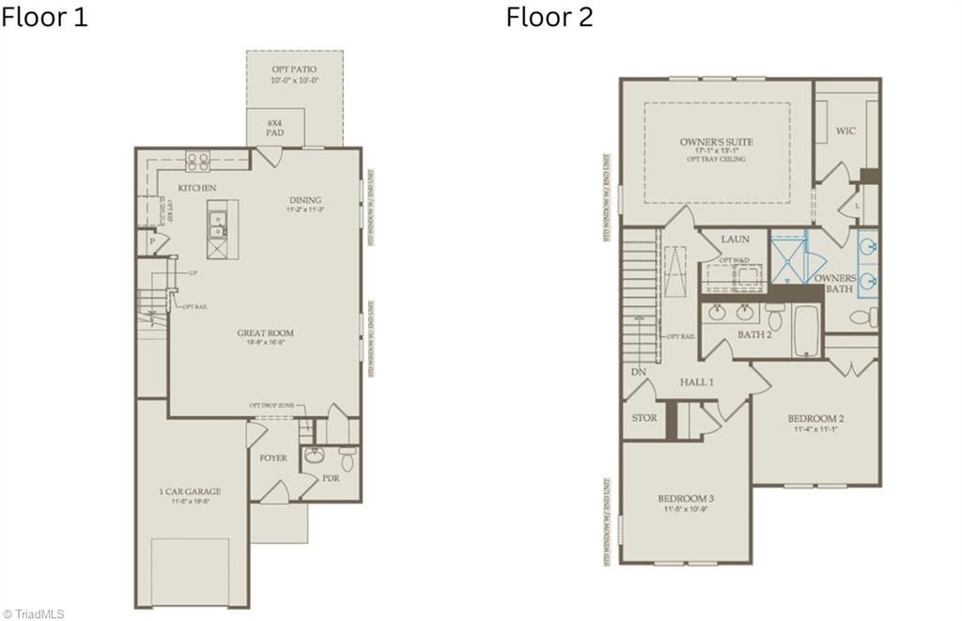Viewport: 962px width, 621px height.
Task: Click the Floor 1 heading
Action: click(x=44, y=17)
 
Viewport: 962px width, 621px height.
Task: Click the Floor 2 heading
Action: click(x=550, y=17)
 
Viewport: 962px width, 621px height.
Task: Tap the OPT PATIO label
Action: click(x=294, y=70)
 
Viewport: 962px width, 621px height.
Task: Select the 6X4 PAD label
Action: click(x=274, y=128)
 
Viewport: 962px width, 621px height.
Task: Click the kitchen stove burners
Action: click(x=198, y=161)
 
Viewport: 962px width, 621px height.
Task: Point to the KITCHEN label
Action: click(x=197, y=188)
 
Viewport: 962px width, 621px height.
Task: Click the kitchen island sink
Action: click(x=217, y=225)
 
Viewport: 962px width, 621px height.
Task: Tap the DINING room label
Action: click(x=305, y=200)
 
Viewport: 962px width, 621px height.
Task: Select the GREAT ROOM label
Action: click(x=265, y=334)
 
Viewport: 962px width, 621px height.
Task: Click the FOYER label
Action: click(x=273, y=458)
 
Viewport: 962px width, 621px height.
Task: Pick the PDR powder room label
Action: click(x=330, y=478)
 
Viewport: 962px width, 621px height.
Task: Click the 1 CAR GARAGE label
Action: click(x=190, y=491)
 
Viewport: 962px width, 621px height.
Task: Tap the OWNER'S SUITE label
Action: click(x=717, y=143)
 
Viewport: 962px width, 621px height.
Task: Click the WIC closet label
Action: click(x=846, y=131)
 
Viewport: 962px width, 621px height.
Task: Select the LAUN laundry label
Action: click(x=735, y=240)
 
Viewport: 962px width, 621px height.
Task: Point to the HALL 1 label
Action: click(x=697, y=382)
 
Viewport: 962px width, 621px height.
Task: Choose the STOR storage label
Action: click(x=644, y=418)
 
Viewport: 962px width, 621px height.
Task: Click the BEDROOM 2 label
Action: click(x=815, y=419)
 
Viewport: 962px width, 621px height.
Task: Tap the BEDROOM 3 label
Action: click(x=686, y=498)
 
